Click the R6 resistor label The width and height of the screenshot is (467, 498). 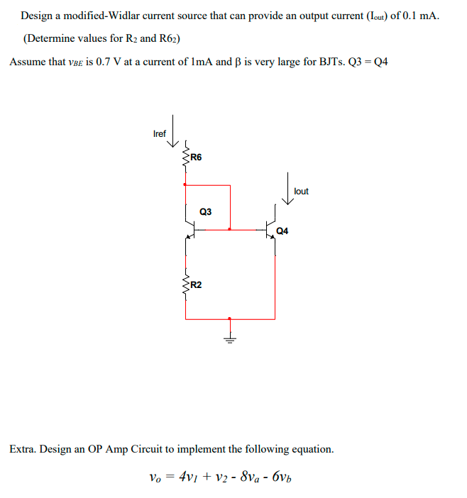point(197,157)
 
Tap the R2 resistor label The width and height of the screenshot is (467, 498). point(197,285)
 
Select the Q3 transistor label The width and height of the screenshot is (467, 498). point(206,211)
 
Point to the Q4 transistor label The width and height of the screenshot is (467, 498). point(282,231)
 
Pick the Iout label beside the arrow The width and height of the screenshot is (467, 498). point(301,192)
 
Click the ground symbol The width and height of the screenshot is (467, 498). point(229,334)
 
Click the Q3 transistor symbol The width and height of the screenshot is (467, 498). point(189,229)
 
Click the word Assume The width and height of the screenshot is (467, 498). point(28,62)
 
